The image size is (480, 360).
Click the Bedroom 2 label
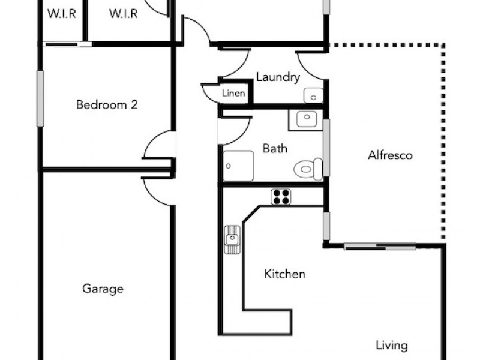[x=107, y=105]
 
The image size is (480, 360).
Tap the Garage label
[x=103, y=289]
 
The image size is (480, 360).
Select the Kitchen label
[x=285, y=275]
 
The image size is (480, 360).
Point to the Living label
[x=392, y=346]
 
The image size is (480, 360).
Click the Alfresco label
[x=390, y=155]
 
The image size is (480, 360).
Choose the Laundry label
[x=278, y=77]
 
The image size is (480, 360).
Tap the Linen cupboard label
[x=234, y=94]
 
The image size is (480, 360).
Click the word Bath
[x=275, y=148]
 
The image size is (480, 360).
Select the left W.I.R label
[x=61, y=14]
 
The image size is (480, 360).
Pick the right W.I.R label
[x=124, y=14]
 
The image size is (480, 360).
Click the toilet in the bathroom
[x=308, y=169]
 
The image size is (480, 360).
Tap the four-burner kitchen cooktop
[x=281, y=196]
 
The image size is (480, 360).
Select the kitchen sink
[x=232, y=239]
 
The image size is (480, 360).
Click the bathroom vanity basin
[x=306, y=119]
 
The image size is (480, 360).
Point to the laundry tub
[x=313, y=95]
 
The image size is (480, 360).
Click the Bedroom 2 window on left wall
[x=40, y=98]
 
